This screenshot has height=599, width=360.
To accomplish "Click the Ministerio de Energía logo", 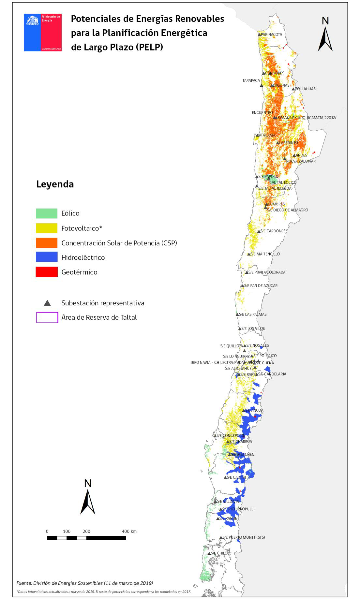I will click(x=43, y=32).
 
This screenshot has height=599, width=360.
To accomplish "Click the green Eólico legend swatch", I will click(x=47, y=213).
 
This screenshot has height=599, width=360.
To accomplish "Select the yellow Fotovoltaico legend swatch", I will click(x=47, y=228).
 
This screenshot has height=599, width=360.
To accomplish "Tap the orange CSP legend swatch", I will click(x=47, y=243).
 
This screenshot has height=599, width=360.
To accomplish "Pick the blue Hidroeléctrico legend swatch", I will click(x=47, y=257).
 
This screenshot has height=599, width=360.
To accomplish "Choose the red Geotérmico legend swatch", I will click(x=47, y=272).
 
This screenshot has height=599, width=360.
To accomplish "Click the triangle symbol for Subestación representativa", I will click(x=47, y=303).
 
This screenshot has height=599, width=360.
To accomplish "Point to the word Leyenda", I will click(x=55, y=184).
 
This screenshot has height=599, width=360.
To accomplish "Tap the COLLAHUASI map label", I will click(x=306, y=89).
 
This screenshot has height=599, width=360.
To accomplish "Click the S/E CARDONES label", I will click(x=273, y=231).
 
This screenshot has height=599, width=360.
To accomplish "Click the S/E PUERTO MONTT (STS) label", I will click(x=242, y=537).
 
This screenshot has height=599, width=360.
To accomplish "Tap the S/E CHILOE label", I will click(x=220, y=553).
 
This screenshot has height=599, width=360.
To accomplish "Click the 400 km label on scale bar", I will click(x=129, y=532).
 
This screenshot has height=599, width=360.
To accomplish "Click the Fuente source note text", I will click(x=85, y=583).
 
